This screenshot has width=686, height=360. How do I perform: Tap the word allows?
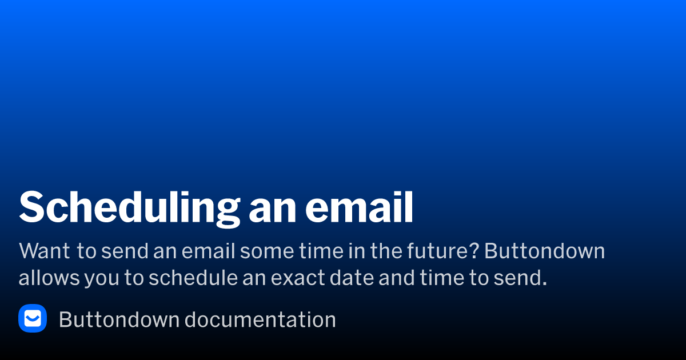(x=48, y=278)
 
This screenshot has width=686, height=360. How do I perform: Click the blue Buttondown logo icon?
(x=33, y=318)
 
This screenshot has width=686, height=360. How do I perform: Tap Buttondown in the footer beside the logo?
(x=119, y=319)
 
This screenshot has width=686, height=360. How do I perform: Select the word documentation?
(x=260, y=319)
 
